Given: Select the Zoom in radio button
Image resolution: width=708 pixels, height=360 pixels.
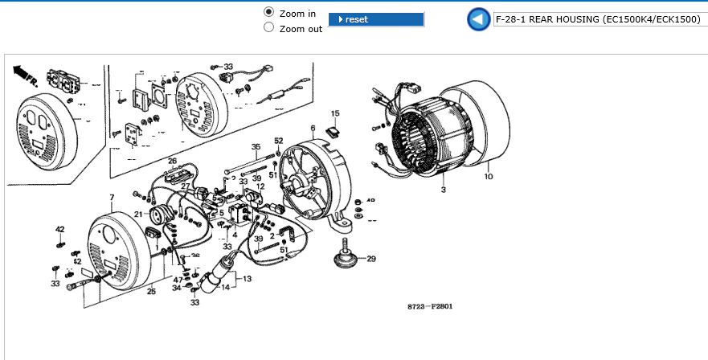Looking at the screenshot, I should pos(269,13).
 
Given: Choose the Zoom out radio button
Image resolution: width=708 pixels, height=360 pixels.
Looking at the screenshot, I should pos(269,28).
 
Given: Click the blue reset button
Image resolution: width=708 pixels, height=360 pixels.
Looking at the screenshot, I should pos(376,19).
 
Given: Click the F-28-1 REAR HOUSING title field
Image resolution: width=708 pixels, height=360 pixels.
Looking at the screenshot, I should pos(599,19).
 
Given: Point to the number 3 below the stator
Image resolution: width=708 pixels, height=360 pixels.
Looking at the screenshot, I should pos(443,190).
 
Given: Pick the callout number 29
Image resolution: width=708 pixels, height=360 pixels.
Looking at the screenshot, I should pos(370,259).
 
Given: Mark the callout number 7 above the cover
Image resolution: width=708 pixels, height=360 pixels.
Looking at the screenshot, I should pos(112,197).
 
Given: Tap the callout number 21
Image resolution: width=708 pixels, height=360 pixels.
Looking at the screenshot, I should pos(138,214).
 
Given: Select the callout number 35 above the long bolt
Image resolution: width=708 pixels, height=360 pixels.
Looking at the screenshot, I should pos(256,147).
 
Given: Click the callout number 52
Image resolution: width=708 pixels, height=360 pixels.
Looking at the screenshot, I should pos(278,141).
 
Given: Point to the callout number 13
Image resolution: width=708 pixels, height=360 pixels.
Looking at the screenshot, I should pos(247,279).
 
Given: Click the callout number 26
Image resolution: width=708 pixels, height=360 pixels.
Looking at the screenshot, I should pos(172,161).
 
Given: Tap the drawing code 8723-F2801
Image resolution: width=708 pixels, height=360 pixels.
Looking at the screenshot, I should pos(430,307).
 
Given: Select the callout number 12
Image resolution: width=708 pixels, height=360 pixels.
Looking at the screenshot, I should pos(260,186).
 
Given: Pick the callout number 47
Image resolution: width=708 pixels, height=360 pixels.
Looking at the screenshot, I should pos(177,279).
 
